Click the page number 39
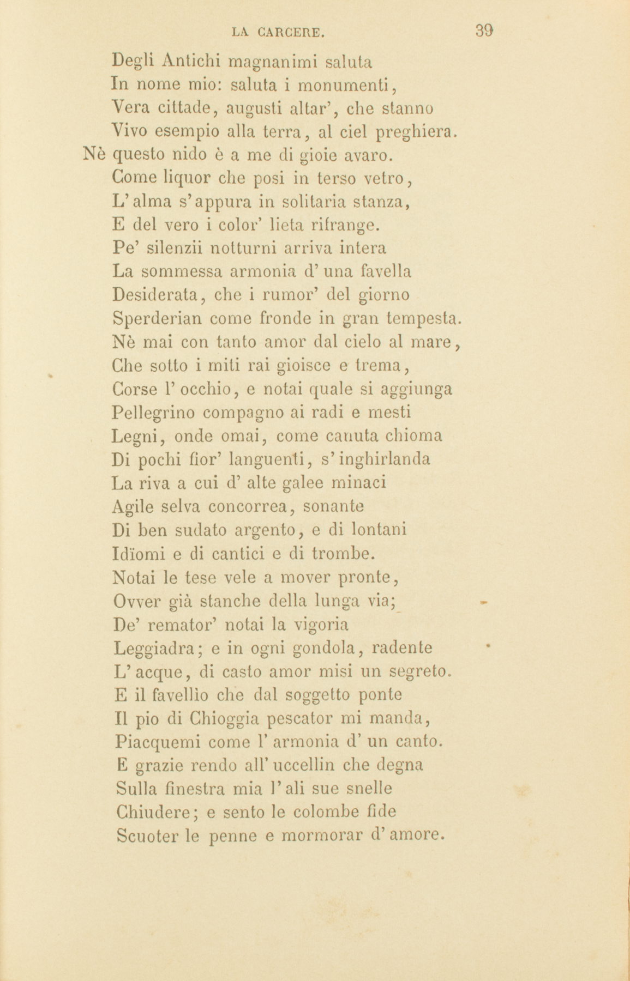[484, 30]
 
